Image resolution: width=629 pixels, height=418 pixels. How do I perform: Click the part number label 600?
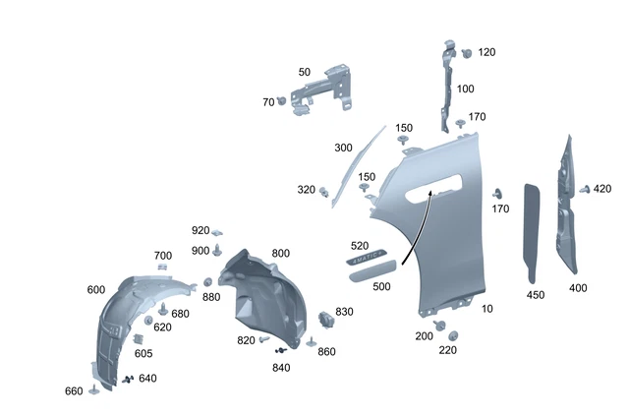click(x=95, y=289)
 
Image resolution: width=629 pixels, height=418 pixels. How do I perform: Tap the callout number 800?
click(x=280, y=254)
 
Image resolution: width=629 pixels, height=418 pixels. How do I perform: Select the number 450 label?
click(x=536, y=294)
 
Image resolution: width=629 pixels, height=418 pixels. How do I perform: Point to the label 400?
click(x=579, y=288)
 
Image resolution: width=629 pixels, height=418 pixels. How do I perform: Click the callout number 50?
click(x=304, y=72)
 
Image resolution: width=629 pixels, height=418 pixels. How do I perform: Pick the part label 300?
click(x=343, y=148)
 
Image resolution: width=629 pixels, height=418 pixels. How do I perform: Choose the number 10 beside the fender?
click(x=488, y=308)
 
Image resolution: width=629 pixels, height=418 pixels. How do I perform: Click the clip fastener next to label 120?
click(x=466, y=52)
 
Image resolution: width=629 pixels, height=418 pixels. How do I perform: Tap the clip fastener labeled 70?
click(x=282, y=100)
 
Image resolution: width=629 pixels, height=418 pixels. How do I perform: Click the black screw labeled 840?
click(x=284, y=350)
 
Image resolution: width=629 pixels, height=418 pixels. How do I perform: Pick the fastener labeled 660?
click(x=94, y=389)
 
